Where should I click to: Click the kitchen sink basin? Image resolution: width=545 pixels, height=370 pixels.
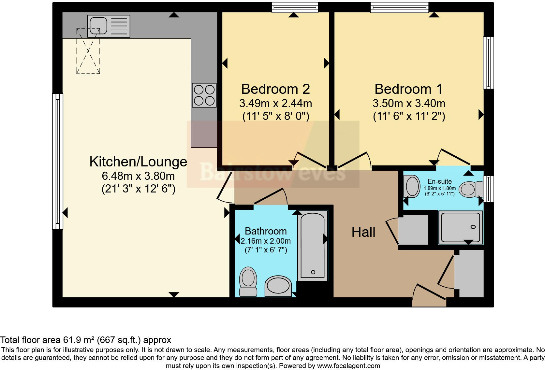click(98, 26)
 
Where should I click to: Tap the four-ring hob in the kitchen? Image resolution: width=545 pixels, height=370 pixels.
click(204, 95)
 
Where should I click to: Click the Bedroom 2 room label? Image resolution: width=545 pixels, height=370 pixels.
click(275, 89)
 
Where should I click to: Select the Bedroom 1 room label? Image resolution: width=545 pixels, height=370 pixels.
click(408, 89)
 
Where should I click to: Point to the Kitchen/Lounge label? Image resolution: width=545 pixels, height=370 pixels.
click(138, 162)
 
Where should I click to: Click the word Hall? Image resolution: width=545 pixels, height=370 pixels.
click(363, 232)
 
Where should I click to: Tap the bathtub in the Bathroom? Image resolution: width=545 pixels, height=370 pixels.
click(313, 246)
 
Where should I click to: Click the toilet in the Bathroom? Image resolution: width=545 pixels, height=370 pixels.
click(248, 282)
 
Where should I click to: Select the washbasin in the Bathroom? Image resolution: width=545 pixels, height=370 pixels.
click(278, 286)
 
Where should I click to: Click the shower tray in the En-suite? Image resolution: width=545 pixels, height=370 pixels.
click(461, 228)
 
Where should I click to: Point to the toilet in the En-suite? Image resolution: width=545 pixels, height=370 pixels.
click(471, 189)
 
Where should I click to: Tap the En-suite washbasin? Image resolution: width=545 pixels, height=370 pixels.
click(412, 186)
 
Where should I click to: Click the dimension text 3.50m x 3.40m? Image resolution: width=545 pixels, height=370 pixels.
click(409, 104)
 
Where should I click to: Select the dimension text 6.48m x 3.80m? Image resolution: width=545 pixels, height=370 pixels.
click(138, 176)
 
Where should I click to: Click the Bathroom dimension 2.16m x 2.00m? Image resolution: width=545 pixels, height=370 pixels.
click(266, 241)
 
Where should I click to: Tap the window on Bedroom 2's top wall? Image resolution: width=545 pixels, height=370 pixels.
click(295, 7)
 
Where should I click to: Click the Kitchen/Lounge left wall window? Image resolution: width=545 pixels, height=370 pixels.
click(58, 161)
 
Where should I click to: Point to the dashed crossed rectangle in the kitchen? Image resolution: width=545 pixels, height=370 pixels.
click(88, 51)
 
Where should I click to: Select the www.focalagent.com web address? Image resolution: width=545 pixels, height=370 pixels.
click(348, 366)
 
